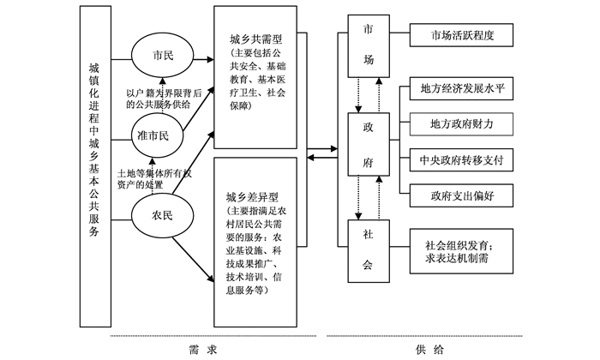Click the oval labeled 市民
[162, 56]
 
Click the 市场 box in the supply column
[368, 51]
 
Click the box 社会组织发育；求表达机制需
[464, 251]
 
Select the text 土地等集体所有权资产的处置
[164, 178]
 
